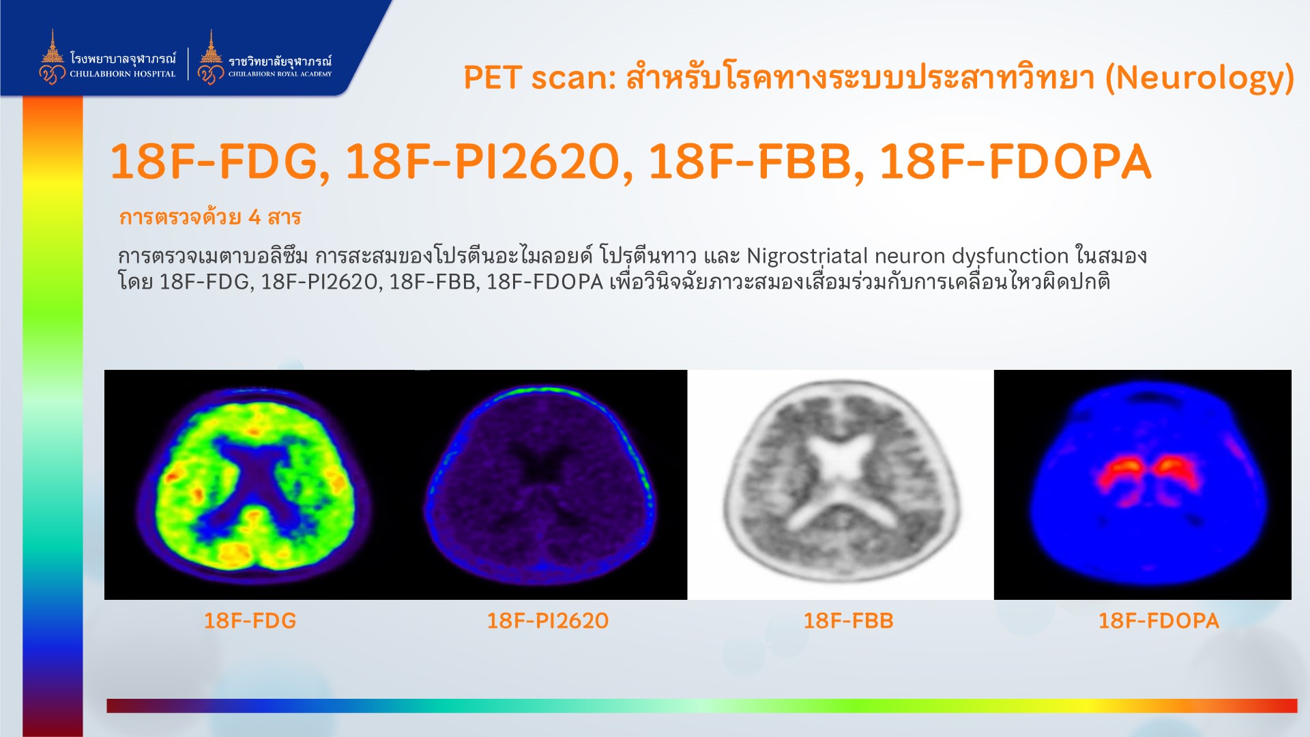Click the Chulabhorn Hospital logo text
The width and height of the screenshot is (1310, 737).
(x=123, y=66)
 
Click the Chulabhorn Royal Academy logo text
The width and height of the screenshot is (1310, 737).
(x=280, y=67)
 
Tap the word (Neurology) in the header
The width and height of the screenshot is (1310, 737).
(x=1199, y=78)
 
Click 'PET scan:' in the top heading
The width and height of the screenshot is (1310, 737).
(x=540, y=78)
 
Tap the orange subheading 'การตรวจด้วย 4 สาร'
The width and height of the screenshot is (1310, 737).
(x=210, y=217)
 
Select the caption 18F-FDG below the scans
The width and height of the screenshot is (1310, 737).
(x=250, y=620)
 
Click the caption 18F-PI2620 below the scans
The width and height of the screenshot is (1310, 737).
(x=547, y=620)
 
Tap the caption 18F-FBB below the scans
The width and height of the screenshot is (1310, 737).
(x=848, y=620)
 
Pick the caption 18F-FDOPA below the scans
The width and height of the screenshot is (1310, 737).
(x=1158, y=620)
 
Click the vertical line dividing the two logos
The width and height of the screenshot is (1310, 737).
(x=188, y=63)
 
